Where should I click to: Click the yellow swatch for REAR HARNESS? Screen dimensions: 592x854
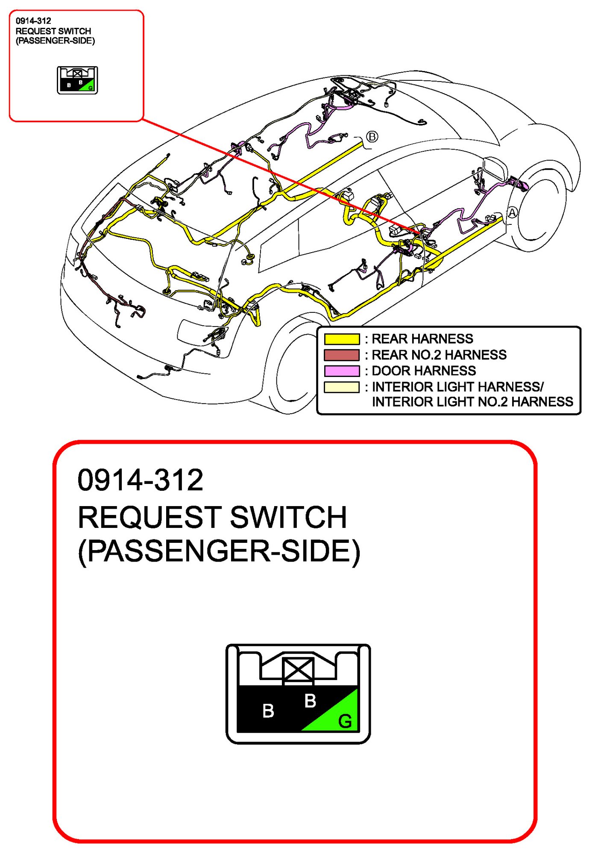pyautogui.click(x=342, y=339)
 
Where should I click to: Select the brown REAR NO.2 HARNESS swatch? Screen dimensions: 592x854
pyautogui.click(x=342, y=355)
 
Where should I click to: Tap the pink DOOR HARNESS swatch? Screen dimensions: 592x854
pyautogui.click(x=342, y=371)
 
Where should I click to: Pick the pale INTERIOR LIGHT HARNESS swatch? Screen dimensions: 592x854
pyautogui.click(x=342, y=387)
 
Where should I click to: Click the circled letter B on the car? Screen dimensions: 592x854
pyautogui.click(x=372, y=137)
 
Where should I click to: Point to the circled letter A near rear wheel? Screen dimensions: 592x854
pyautogui.click(x=512, y=213)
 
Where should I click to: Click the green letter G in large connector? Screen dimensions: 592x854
pyautogui.click(x=345, y=721)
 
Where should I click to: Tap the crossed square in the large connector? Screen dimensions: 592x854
pyautogui.click(x=298, y=670)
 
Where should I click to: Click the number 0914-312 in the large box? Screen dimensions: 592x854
pyautogui.click(x=140, y=480)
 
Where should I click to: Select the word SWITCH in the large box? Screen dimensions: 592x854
pyautogui.click(x=288, y=517)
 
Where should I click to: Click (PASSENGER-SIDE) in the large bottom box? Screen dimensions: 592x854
pyautogui.click(x=219, y=551)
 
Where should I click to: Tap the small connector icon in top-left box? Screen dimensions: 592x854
pyautogui.click(x=77, y=80)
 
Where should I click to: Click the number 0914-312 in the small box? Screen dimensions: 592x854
pyautogui.click(x=33, y=21)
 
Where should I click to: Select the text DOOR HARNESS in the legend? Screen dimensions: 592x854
pyautogui.click(x=424, y=371)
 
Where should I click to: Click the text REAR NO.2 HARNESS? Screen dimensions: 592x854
pyautogui.click(x=439, y=355)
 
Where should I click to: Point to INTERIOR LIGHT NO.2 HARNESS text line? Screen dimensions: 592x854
pyautogui.click(x=472, y=402)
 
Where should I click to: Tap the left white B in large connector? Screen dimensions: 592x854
pyautogui.click(x=268, y=711)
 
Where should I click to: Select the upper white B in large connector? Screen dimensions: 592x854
pyautogui.click(x=310, y=701)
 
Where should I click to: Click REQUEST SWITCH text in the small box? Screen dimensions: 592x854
pyautogui.click(x=53, y=31)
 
